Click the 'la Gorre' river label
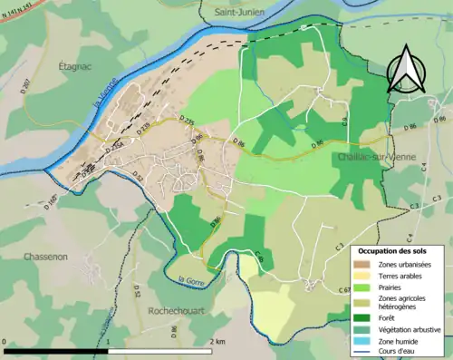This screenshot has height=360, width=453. [192, 280]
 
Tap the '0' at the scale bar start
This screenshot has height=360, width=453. [5, 343]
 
